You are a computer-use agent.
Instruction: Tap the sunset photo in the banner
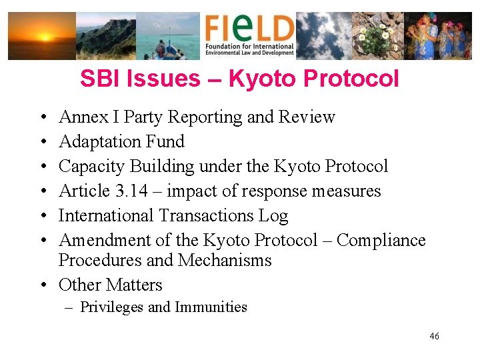point(41,36)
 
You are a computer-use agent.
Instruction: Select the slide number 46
point(434,337)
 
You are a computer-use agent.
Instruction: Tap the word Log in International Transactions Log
point(275,215)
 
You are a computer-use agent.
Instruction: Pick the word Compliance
point(381,240)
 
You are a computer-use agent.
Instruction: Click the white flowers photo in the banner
point(377,36)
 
